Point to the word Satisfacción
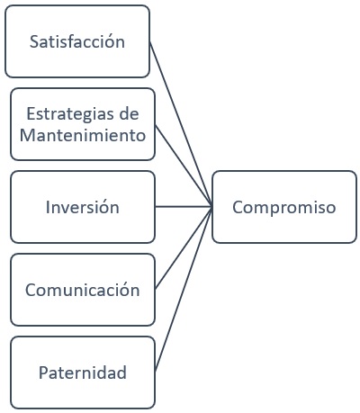click(x=77, y=42)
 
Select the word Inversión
click(x=82, y=207)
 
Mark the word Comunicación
click(x=82, y=291)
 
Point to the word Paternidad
click(x=82, y=372)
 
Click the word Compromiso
click(x=283, y=207)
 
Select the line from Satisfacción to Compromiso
click(x=180, y=122)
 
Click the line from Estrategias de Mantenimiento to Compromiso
click(x=184, y=166)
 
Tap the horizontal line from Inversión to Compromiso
click(x=184, y=207)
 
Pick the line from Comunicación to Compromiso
click(x=184, y=248)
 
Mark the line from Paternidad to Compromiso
click(x=184, y=288)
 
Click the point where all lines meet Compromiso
click(x=212, y=207)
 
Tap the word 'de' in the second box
click(x=131, y=114)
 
